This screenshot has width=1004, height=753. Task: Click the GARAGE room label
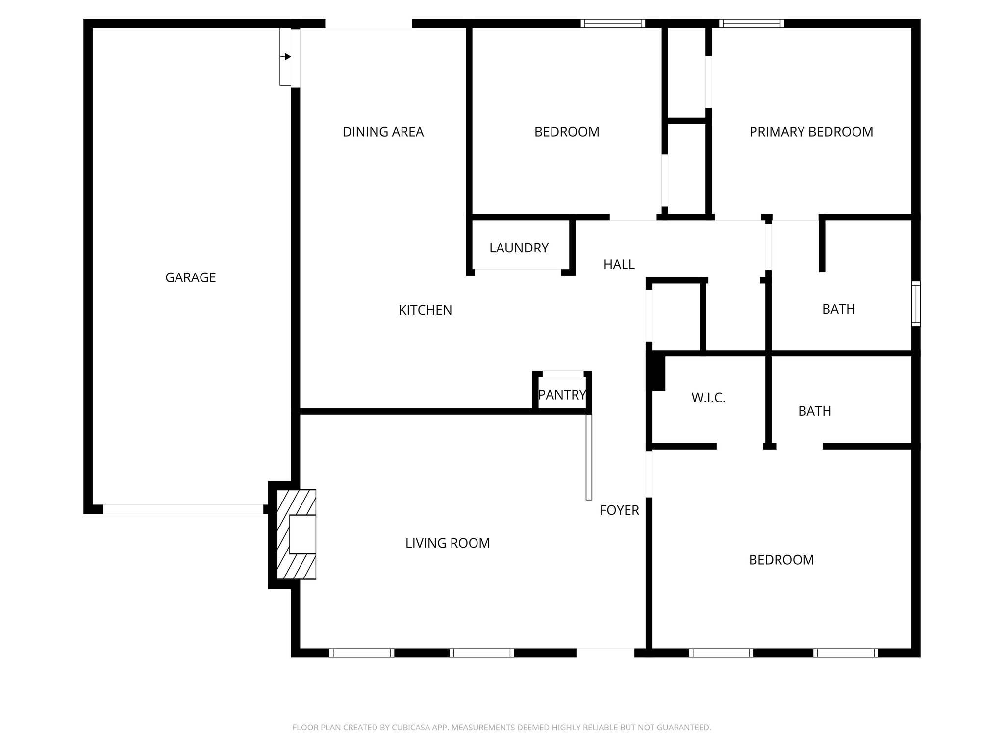point(190,277)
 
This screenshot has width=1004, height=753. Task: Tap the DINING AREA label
point(383,132)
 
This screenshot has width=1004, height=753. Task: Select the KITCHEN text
point(425,310)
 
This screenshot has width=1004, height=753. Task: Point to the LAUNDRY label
point(519,248)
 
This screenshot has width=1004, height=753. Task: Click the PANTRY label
point(562,394)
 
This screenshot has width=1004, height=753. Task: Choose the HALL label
point(619,265)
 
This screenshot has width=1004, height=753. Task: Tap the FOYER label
point(619,510)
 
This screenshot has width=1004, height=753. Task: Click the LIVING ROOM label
point(447,543)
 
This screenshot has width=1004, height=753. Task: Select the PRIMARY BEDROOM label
point(811,132)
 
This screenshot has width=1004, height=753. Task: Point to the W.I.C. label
point(708,398)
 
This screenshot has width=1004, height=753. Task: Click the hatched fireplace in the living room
point(297,534)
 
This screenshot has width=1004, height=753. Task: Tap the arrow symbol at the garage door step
point(287,57)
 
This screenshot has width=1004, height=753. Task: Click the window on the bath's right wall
point(915,303)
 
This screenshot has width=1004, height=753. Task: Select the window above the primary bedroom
point(751,23)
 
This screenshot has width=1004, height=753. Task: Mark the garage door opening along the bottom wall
point(183,509)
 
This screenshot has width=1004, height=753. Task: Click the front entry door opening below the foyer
point(605,653)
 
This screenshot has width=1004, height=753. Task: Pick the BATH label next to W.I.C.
point(814,411)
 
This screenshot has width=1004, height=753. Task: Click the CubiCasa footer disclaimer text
point(502,727)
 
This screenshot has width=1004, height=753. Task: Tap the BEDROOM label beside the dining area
point(566,132)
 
